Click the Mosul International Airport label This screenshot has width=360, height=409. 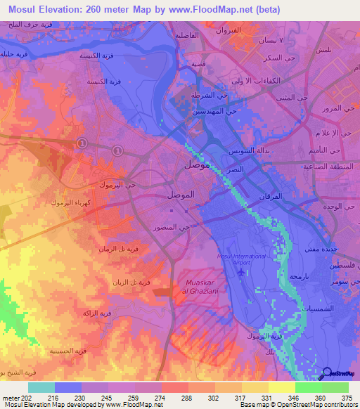coord(243,259)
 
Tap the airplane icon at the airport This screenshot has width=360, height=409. coord(243,271)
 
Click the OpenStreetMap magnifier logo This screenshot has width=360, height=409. coord(326,373)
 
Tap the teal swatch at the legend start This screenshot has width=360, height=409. coord(41,387)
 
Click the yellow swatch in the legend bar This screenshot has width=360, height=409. coord(281,387)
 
